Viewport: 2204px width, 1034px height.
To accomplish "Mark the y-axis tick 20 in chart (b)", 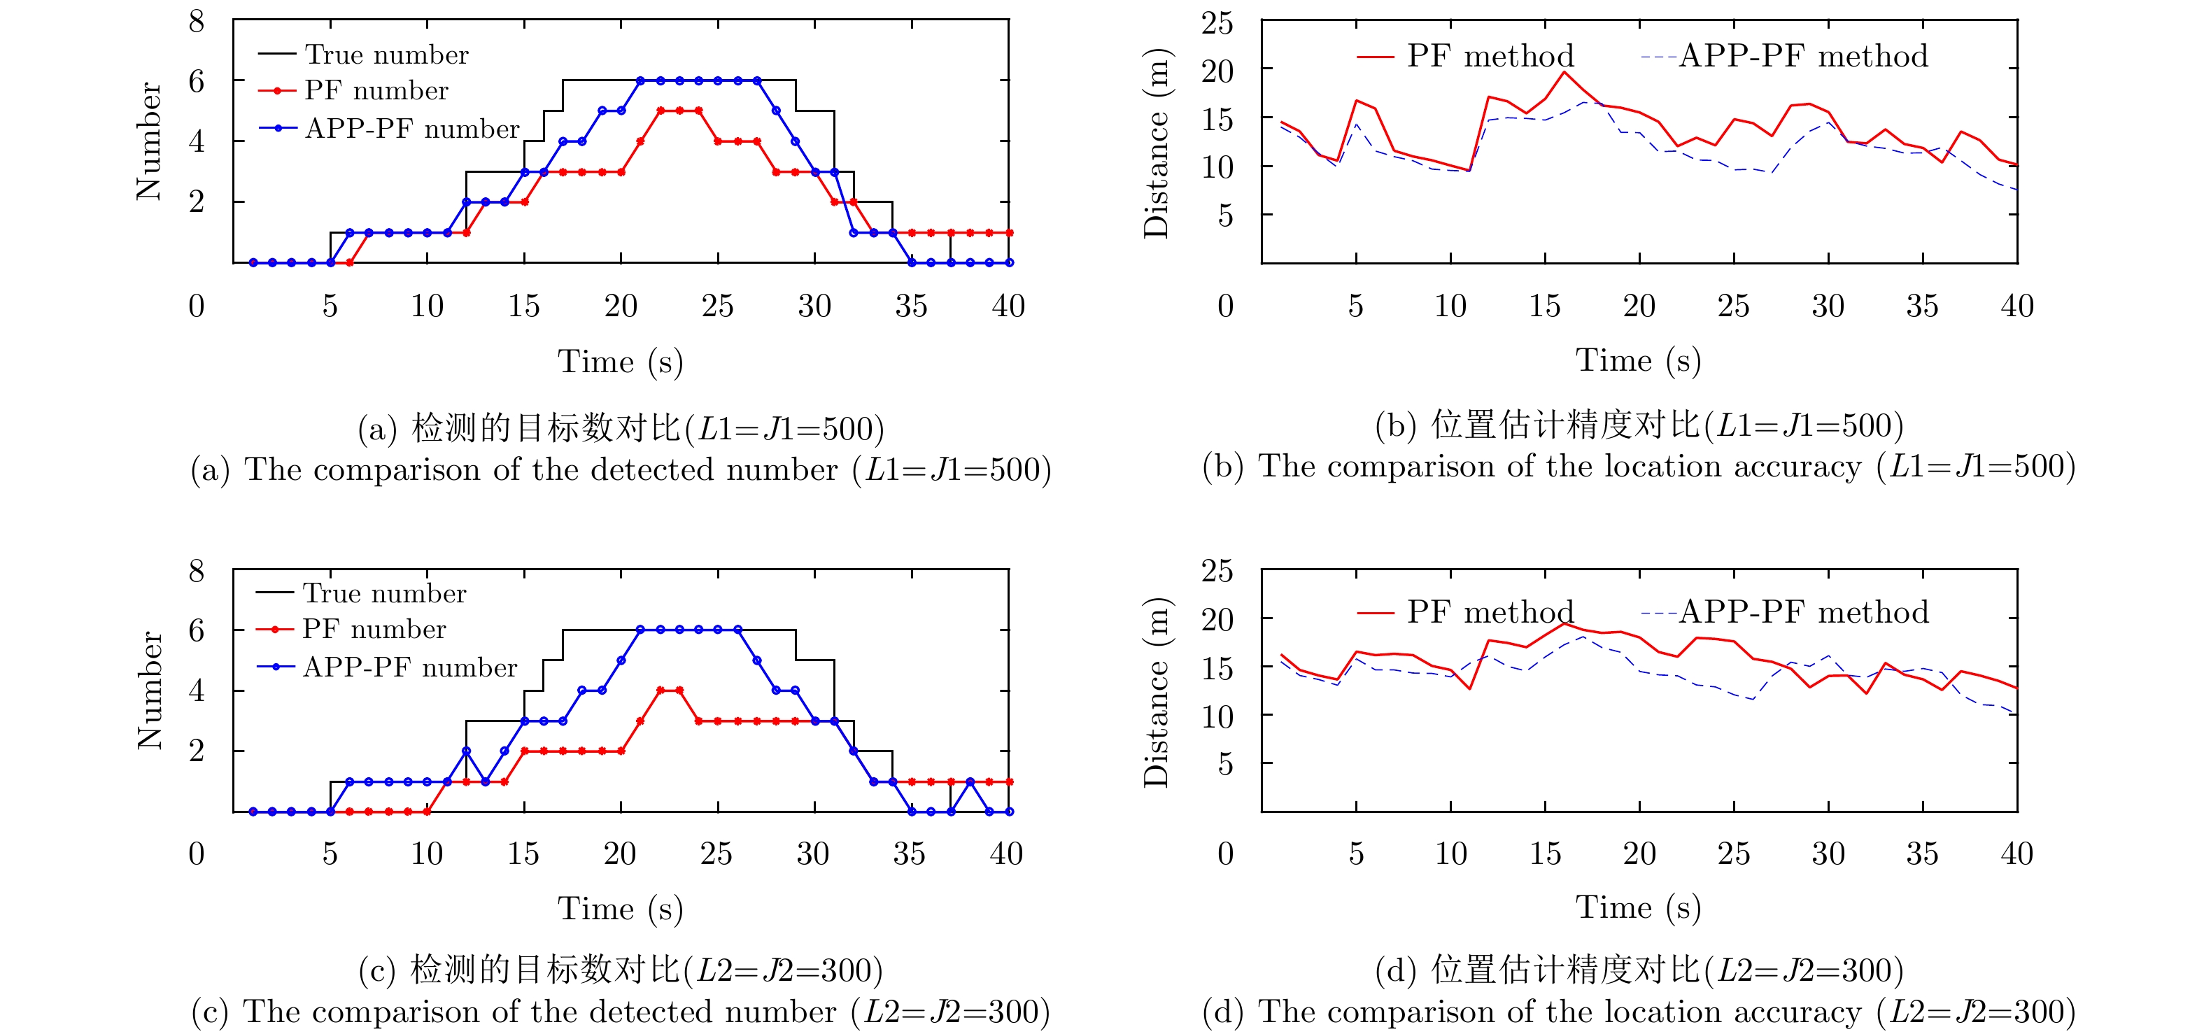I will (x=1217, y=70).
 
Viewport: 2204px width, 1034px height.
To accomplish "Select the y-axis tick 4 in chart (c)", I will (x=197, y=690).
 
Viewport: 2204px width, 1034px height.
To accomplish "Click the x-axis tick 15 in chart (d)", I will (x=1544, y=853).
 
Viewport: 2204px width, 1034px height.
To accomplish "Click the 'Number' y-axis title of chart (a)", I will (x=149, y=141).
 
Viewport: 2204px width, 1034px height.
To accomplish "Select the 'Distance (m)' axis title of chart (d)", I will (x=1156, y=691).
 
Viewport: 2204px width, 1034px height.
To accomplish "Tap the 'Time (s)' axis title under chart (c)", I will (x=621, y=908).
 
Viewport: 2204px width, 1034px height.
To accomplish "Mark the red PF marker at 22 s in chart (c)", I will (x=660, y=690).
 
